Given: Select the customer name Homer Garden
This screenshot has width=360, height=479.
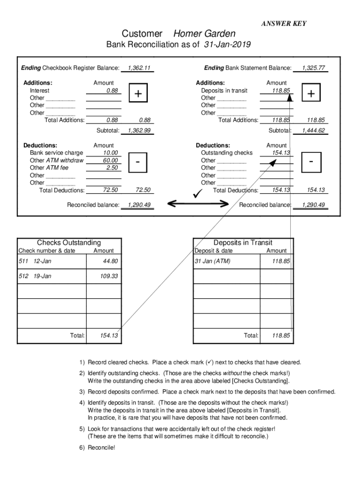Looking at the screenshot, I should pyautogui.click(x=204, y=34).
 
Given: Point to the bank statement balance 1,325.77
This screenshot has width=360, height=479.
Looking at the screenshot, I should pyautogui.click(x=313, y=68).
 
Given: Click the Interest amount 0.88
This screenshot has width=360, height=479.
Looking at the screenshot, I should pyautogui.click(x=112, y=91).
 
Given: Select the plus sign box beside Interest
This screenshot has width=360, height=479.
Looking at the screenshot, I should pyautogui.click(x=138, y=94).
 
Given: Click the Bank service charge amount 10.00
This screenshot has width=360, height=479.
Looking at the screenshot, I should pyautogui.click(x=110, y=153).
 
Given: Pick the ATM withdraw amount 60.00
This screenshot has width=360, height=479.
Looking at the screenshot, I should pyautogui.click(x=110, y=160).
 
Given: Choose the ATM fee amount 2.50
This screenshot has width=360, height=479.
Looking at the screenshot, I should pyautogui.click(x=112, y=168).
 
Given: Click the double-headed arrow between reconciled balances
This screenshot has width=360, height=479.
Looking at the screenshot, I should pyautogui.click(x=198, y=203).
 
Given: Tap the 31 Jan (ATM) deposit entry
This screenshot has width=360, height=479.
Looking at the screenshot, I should pyautogui.click(x=213, y=261).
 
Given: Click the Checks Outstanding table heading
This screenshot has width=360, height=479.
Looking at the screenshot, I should pyautogui.click(x=69, y=243).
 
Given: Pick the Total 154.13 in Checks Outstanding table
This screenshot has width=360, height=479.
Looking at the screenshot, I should pyautogui.click(x=109, y=335).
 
